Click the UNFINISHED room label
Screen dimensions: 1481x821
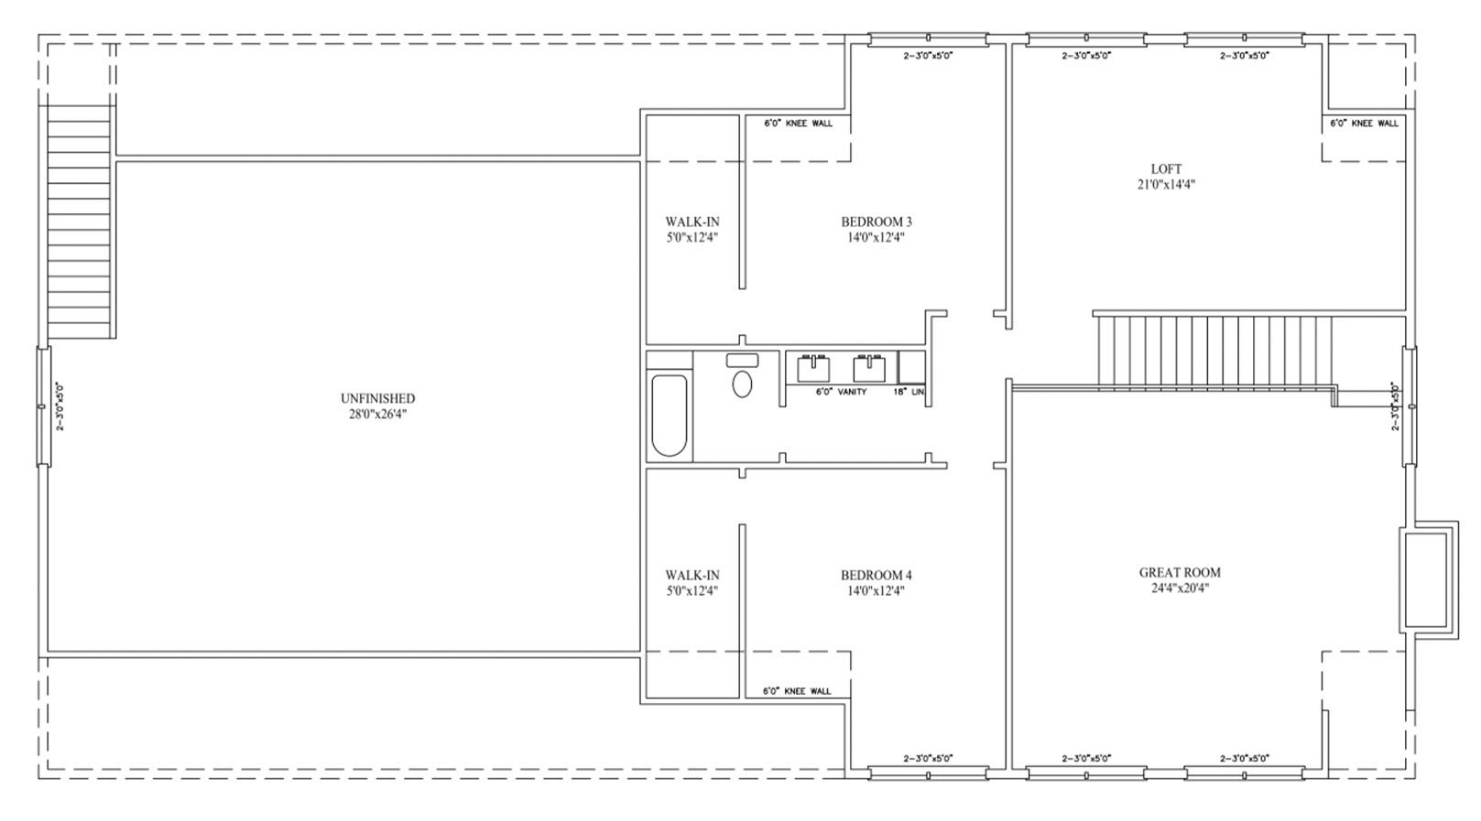tap(377, 398)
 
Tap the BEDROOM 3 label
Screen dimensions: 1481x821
tap(876, 221)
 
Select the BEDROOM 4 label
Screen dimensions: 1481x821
tap(876, 576)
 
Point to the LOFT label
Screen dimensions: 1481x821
tap(1166, 169)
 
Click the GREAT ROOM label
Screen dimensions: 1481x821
tap(1181, 573)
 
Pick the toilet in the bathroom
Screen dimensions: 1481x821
tap(743, 376)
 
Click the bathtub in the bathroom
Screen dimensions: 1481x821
tap(670, 416)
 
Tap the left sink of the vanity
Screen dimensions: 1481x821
tap(813, 369)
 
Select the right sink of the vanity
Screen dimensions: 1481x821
tap(869, 369)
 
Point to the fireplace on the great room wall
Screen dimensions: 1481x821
tap(1428, 579)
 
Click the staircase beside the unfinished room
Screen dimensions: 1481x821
tap(80, 221)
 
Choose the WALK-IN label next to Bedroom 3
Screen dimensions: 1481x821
tap(692, 221)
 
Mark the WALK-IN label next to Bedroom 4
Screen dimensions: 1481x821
tap(692, 576)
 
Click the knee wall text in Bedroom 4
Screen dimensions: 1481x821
tap(797, 691)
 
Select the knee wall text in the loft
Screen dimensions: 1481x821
tap(1364, 123)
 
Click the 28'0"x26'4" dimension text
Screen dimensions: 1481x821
tap(377, 415)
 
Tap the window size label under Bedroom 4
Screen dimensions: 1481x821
tap(929, 758)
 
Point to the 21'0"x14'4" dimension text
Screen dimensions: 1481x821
tap(1166, 185)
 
